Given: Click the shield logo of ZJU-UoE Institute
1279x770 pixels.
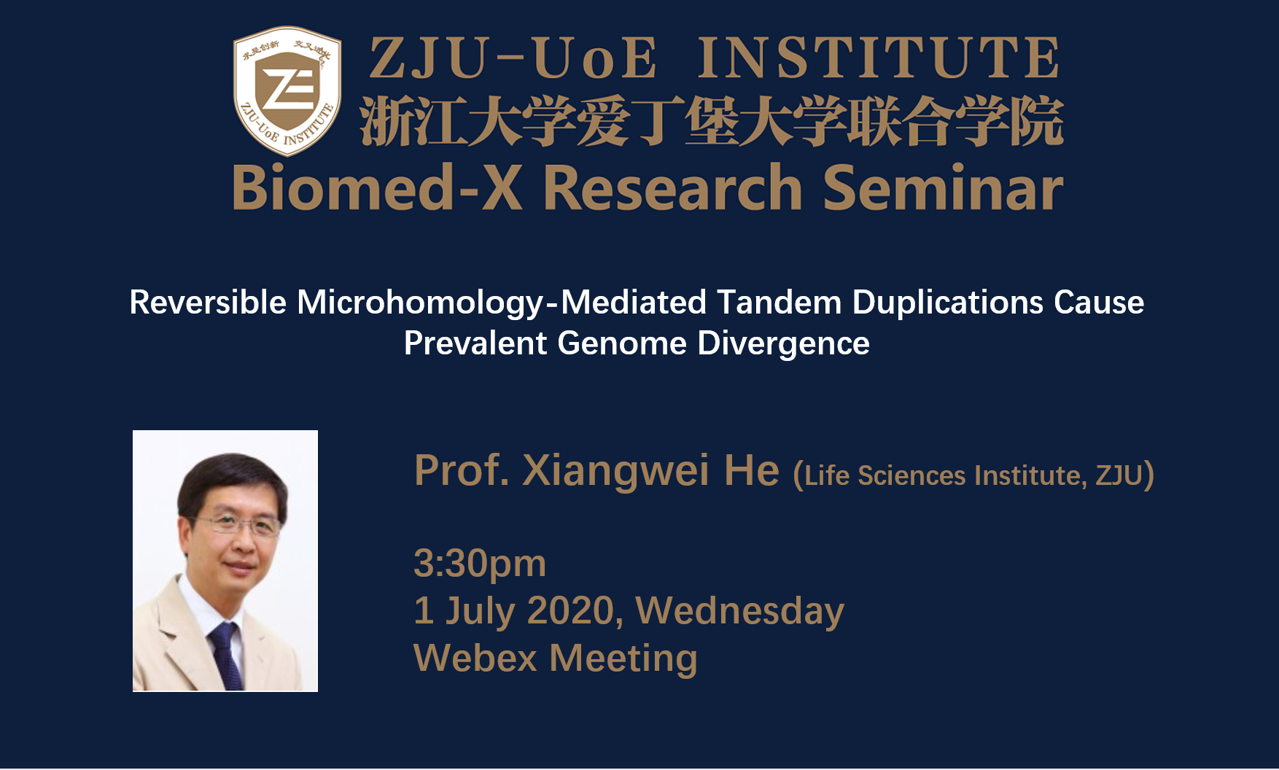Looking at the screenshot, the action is [x=287, y=91].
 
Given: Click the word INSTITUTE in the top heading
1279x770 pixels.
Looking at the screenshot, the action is [x=879, y=58].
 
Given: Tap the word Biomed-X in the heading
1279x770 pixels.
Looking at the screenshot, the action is [x=377, y=187].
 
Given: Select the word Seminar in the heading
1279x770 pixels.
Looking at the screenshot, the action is [x=943, y=187].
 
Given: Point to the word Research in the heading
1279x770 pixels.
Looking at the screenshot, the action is [x=673, y=187].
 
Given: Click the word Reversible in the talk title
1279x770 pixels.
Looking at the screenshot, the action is [x=208, y=302].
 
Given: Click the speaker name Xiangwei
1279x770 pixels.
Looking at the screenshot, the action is [x=615, y=471].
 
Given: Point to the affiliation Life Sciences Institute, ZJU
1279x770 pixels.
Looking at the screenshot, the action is [x=973, y=475].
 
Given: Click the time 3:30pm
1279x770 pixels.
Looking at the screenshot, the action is [x=480, y=564].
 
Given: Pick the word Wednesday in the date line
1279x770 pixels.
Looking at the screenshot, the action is [x=739, y=611].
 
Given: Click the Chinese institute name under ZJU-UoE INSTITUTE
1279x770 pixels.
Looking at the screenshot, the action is [x=711, y=121].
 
